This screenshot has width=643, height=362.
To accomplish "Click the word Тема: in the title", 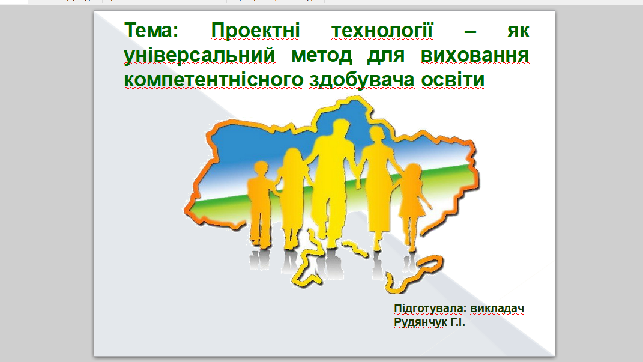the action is pyautogui.click(x=151, y=31).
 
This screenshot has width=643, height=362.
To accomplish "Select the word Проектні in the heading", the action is pyautogui.click(x=256, y=31).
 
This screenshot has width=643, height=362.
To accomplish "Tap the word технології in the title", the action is pyautogui.click(x=382, y=31).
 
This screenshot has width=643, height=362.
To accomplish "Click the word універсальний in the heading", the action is pyautogui.click(x=199, y=56).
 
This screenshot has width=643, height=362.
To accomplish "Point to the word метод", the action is pyautogui.click(x=322, y=55).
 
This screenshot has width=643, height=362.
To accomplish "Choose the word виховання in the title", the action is pyautogui.click(x=475, y=55).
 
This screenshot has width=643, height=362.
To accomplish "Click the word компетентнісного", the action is pyautogui.click(x=214, y=80).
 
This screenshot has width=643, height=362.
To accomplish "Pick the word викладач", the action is pyautogui.click(x=497, y=309).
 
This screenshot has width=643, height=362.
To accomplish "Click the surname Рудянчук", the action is pyautogui.click(x=420, y=322).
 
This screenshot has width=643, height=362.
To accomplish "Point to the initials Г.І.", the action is pyautogui.click(x=457, y=322).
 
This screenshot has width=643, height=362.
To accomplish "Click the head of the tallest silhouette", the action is pyautogui.click(x=341, y=128).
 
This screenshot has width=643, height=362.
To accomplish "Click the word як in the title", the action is pyautogui.click(x=518, y=31).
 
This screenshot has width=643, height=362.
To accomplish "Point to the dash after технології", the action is pyautogui.click(x=470, y=31).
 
